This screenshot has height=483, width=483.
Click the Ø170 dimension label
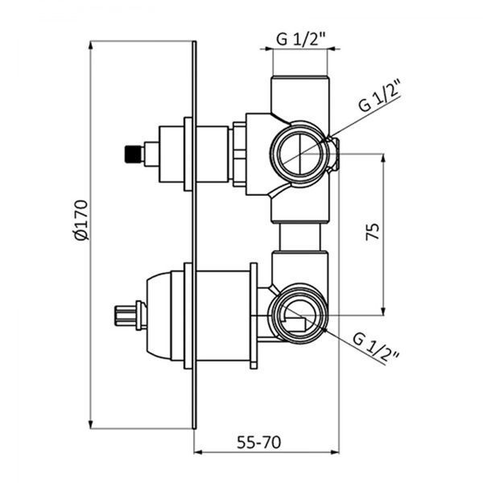point(81,220)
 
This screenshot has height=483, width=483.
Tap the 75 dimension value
point(373,231)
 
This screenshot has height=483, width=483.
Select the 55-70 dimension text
point(258,442)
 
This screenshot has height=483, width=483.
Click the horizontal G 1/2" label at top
point(300,39)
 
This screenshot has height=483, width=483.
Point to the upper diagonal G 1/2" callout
point(379,96)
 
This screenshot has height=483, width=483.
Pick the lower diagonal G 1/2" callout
point(376,349)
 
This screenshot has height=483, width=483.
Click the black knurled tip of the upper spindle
point(134,154)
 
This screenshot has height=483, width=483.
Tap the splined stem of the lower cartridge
point(126,315)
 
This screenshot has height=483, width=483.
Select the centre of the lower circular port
point(298,315)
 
